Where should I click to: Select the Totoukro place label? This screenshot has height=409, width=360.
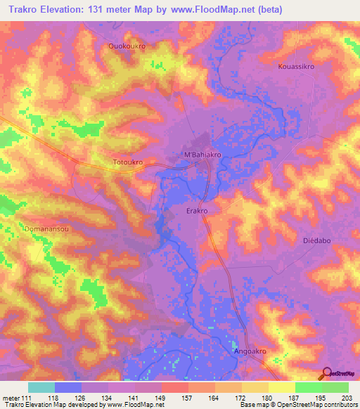point(128,162)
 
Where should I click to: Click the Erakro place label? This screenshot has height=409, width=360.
point(200,210)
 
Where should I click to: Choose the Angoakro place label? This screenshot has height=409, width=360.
point(252,349)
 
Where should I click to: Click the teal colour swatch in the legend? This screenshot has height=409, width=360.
point(41,387)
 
